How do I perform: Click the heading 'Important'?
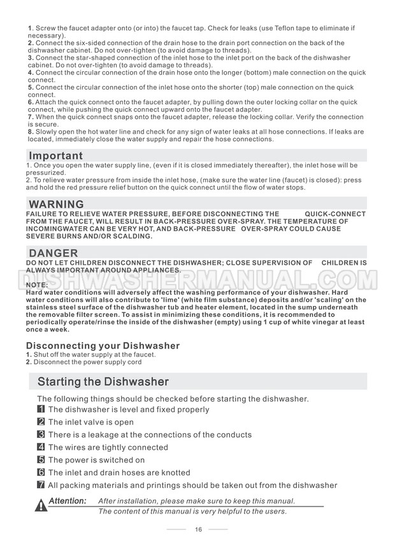click(56, 156)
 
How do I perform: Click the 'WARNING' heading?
click(57, 204)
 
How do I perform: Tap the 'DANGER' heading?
click(54, 253)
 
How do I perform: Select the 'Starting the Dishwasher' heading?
click(103, 382)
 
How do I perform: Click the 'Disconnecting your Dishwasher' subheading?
click(103, 345)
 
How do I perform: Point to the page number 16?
click(198, 529)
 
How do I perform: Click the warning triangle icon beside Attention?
click(41, 505)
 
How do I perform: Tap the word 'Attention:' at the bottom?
click(68, 501)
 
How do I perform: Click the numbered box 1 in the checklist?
click(41, 410)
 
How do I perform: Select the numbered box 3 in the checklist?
click(41, 435)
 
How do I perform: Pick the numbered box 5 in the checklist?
click(41, 459)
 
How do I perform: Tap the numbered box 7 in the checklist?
click(41, 485)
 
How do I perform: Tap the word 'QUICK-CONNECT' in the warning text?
click(335, 214)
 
